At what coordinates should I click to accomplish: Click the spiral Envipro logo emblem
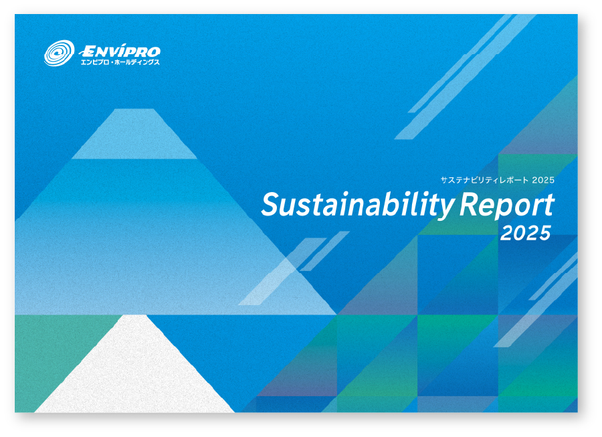[x=59, y=53]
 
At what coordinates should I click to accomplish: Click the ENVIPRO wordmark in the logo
[x=120, y=51]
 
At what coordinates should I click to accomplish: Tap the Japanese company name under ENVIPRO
[x=120, y=62]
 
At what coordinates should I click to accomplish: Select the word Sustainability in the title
[x=358, y=205]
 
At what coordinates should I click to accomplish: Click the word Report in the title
[x=507, y=206]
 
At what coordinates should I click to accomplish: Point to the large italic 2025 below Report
[x=526, y=234]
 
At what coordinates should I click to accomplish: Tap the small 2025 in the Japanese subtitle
[x=543, y=180]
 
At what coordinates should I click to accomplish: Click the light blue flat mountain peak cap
[x=134, y=134]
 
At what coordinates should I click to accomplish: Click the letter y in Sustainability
[x=445, y=210]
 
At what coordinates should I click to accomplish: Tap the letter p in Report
[x=507, y=210]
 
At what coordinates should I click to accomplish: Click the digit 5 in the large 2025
[x=544, y=234]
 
